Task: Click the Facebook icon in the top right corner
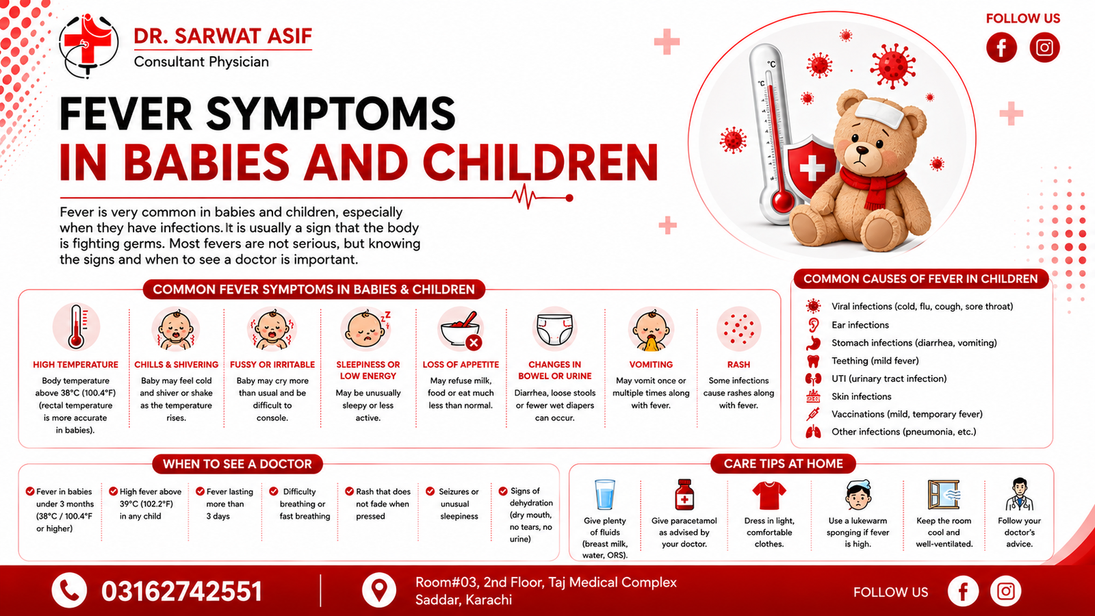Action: [1001, 47]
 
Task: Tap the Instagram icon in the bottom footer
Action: [1005, 591]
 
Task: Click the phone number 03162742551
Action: [181, 591]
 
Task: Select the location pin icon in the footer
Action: [379, 591]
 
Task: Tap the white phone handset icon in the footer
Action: [69, 591]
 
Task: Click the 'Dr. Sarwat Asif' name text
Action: [223, 36]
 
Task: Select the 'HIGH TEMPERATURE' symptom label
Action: [75, 365]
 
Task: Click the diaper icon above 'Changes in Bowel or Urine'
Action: [554, 329]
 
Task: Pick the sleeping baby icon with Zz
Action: [367, 329]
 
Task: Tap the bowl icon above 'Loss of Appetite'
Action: [461, 329]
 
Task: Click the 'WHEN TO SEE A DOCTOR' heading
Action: [237, 464]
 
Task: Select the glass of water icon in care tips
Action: [605, 495]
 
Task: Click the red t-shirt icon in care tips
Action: [769, 496]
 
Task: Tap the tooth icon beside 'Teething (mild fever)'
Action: [813, 361]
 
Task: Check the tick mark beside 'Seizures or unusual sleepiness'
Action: [430, 491]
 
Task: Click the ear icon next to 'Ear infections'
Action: [814, 324]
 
